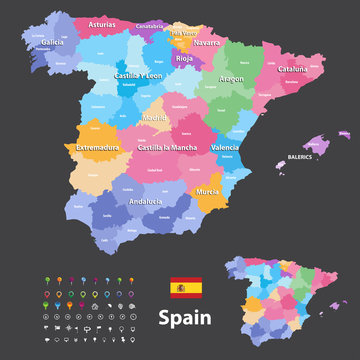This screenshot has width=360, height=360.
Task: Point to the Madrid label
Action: pos(154,117)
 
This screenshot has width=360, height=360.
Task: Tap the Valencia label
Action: pos(225,147)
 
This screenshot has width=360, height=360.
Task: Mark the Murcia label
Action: pos(207,189)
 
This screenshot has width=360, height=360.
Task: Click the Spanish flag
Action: pos(186,289)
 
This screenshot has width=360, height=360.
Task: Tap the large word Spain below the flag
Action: pos(186,318)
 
